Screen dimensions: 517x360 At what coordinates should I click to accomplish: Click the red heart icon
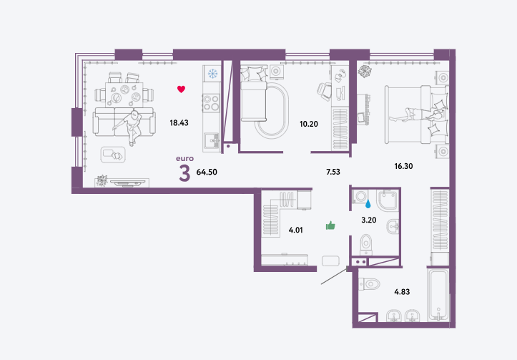(181, 89)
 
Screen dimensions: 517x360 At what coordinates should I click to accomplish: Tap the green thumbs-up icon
(330, 225)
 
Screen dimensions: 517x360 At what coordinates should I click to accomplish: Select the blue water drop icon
(368, 205)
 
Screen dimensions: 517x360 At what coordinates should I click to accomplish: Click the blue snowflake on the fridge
(212, 74)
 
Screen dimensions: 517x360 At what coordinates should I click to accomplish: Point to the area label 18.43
(179, 123)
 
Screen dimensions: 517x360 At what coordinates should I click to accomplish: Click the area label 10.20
(309, 124)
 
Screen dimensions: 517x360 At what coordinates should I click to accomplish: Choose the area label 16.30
(403, 166)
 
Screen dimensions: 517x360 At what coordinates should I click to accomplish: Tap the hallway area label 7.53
(333, 172)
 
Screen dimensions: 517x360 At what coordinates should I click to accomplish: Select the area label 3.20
(369, 220)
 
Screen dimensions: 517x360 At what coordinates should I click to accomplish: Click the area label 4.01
(296, 230)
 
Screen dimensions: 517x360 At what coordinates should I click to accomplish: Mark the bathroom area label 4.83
(402, 292)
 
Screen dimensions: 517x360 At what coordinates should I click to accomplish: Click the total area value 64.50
(207, 172)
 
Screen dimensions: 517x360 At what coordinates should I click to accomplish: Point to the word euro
(184, 158)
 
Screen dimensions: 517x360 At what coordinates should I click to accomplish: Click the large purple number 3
(184, 174)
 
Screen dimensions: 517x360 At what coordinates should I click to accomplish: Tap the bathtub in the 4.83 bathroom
(438, 294)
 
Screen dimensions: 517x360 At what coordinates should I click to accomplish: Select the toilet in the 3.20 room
(366, 245)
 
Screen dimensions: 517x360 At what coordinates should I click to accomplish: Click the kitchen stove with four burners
(212, 102)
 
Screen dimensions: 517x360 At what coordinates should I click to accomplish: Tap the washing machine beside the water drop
(360, 196)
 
